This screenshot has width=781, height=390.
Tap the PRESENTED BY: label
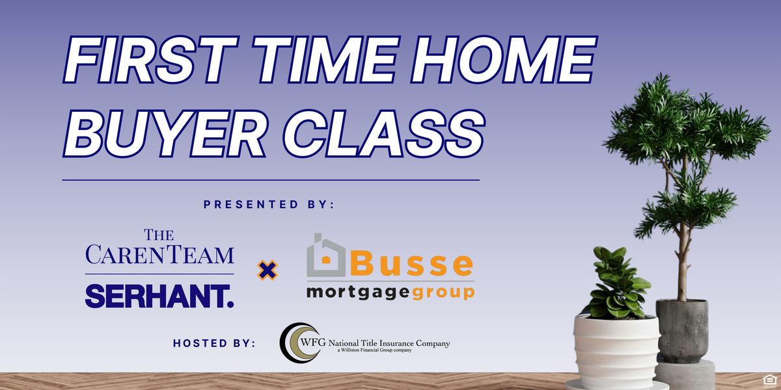tap(269, 204)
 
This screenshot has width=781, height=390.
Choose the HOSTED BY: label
tap(215, 343)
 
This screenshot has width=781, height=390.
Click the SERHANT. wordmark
tap(159, 296)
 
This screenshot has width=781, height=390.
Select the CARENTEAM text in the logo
tap(159, 254)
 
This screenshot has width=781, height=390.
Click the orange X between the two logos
tap(267, 270)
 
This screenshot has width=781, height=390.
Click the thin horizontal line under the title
tap(271, 179)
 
